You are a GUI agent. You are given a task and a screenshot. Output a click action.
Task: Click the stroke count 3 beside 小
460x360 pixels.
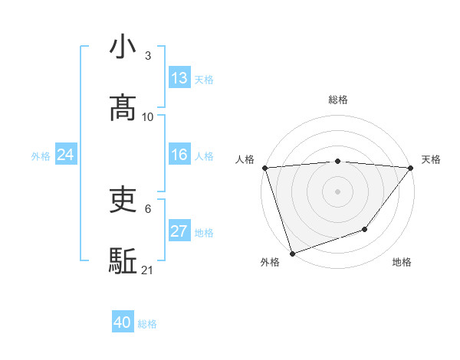[147, 56]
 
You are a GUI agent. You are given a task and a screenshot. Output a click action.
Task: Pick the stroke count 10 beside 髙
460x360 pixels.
[148, 117]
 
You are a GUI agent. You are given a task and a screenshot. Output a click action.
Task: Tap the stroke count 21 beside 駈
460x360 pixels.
[148, 270]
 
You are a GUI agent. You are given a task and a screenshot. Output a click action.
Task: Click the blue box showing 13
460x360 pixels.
[179, 78]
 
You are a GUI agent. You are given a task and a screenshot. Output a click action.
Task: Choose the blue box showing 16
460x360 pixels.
[179, 155]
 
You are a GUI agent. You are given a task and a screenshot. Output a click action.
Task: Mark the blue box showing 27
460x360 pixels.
[179, 231]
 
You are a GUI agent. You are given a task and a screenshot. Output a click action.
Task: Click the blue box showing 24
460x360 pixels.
[66, 155]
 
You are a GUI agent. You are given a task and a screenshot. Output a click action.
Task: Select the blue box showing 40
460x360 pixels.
[123, 322]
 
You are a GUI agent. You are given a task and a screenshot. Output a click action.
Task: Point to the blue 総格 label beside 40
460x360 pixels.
[147, 324]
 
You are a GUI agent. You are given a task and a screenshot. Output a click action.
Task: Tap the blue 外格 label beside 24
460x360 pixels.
[41, 156]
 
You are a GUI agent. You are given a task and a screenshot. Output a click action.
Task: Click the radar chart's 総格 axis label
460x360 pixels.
[337, 100]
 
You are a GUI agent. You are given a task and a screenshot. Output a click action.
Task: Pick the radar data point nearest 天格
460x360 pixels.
[411, 168]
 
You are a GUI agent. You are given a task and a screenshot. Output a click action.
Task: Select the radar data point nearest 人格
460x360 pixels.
[264, 168]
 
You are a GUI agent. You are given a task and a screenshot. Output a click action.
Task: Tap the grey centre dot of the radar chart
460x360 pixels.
[337, 191]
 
